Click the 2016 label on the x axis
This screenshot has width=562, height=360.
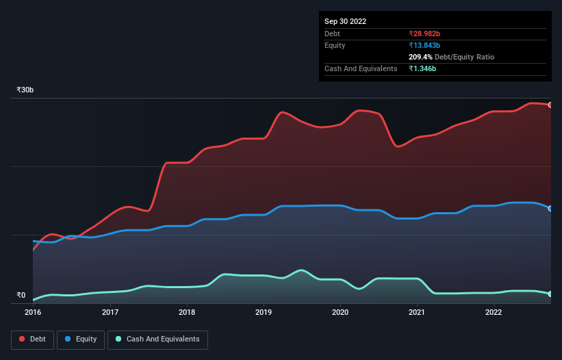33,313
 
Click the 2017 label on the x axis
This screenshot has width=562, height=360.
110,313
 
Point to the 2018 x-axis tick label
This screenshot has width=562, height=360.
187,313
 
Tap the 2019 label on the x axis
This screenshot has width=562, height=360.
264,313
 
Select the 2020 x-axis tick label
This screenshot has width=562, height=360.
341,313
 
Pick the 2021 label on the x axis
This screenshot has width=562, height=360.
418,313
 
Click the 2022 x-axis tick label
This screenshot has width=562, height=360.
494,313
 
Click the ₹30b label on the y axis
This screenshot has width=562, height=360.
25,90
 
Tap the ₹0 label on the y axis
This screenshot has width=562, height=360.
21,295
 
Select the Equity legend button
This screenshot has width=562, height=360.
81,339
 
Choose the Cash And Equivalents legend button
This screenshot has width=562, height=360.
157,339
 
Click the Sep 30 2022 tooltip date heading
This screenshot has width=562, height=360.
345,21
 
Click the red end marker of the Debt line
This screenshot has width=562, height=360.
550,105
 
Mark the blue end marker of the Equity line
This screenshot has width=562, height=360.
550,208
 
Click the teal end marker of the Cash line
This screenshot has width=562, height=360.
550,294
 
